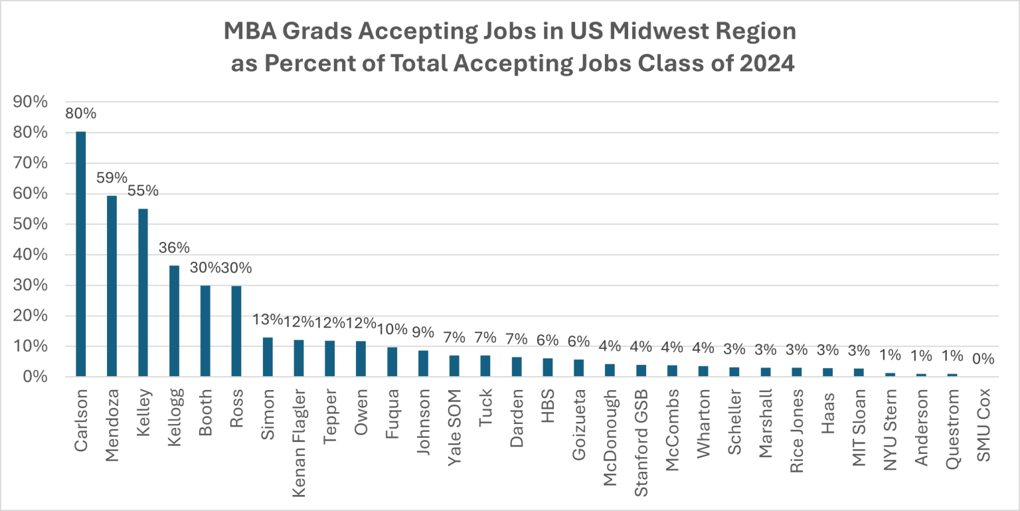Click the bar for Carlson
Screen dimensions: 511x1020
[x=80, y=254]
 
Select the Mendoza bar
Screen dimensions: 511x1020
[x=112, y=286]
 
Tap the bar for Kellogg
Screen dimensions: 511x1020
[x=173, y=321]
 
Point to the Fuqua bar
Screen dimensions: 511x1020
[x=392, y=361]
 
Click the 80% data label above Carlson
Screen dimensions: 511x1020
[x=80, y=114]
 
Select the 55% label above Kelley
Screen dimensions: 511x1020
[x=143, y=191]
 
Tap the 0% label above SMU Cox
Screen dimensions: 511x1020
[x=983, y=359]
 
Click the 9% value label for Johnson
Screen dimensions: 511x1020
[x=423, y=332]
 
